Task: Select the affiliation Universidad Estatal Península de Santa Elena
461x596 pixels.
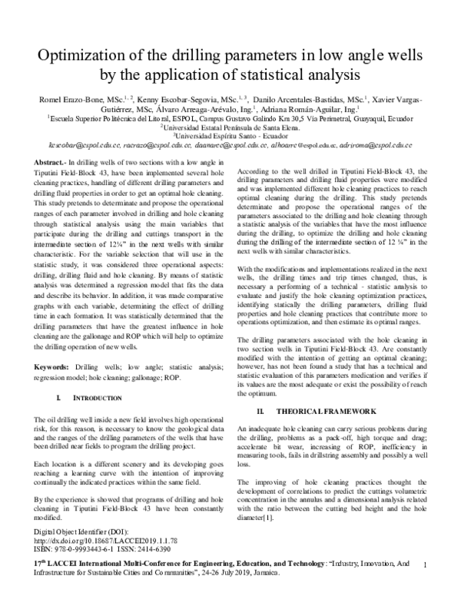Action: (231, 128)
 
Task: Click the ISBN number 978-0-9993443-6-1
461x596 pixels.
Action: (85, 549)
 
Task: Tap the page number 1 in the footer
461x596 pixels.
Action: (425, 565)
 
